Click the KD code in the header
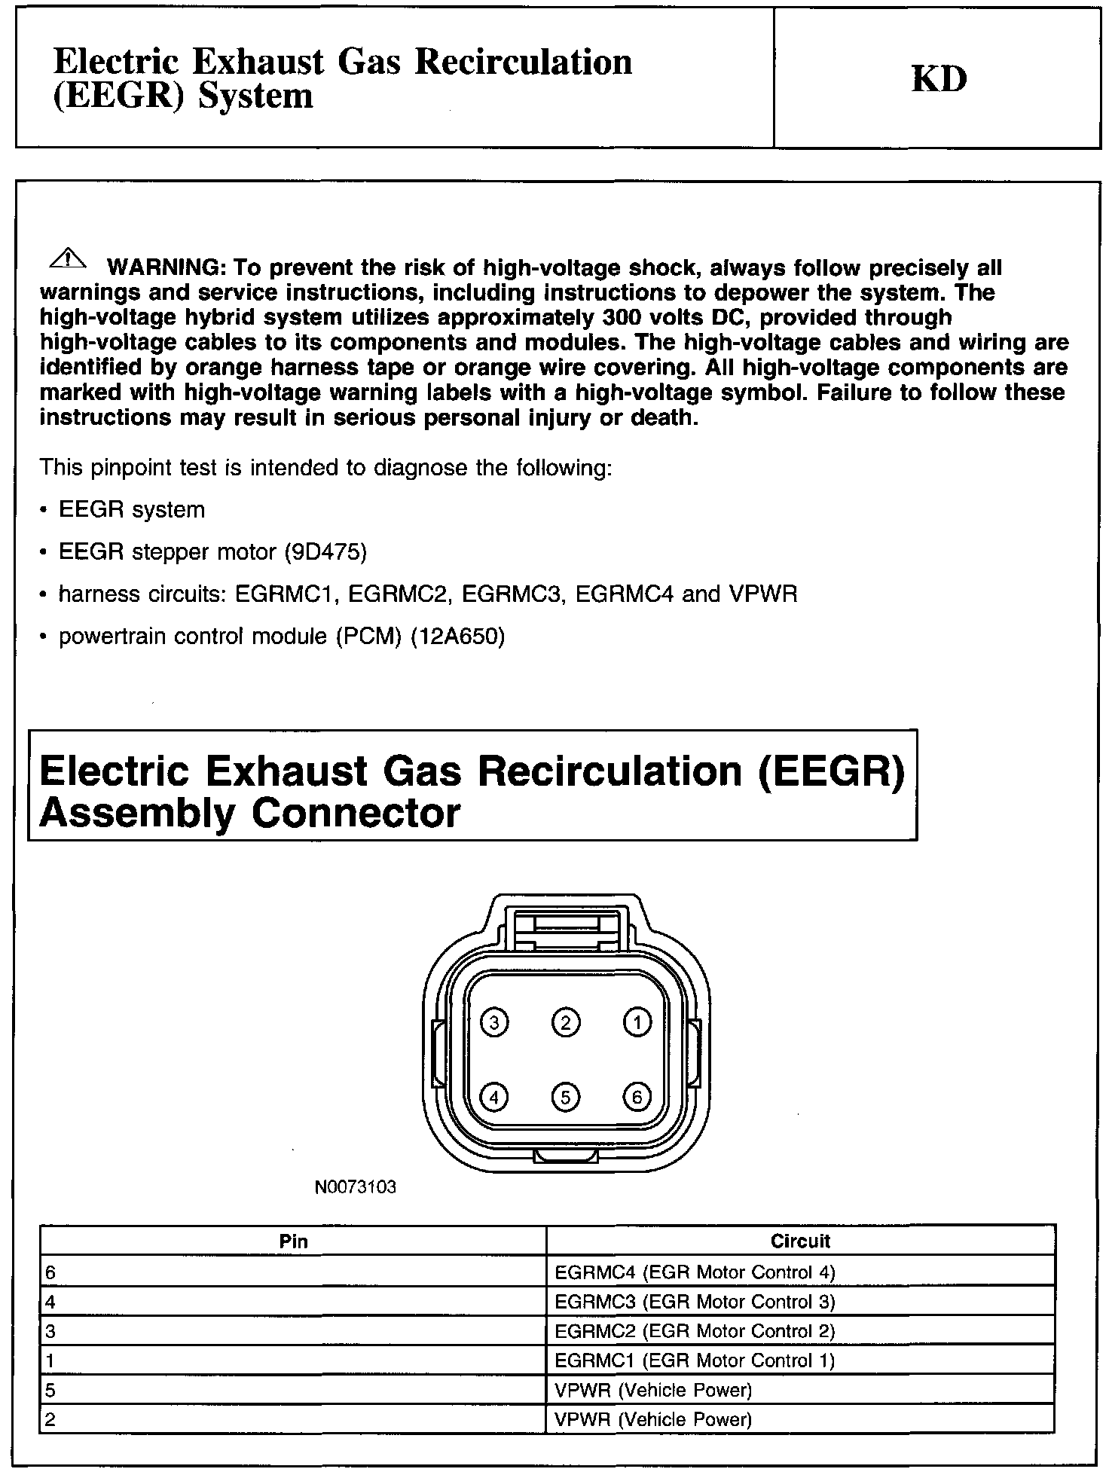point(939,79)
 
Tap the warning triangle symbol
point(67,258)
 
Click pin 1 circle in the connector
point(637,1022)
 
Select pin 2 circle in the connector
point(566,1022)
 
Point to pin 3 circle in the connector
point(494,1022)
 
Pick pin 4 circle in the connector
point(494,1097)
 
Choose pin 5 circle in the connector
point(566,1097)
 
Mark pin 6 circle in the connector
point(637,1097)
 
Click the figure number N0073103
point(356,1188)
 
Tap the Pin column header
point(293,1241)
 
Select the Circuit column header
point(800,1241)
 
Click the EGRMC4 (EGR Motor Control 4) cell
point(695,1272)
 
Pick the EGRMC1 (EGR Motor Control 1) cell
point(695,1360)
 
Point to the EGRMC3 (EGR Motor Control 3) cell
point(695,1302)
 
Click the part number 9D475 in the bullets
point(325,552)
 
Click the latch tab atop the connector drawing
point(566,927)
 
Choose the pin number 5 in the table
point(50,1390)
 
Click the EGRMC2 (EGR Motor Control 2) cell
point(695,1331)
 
